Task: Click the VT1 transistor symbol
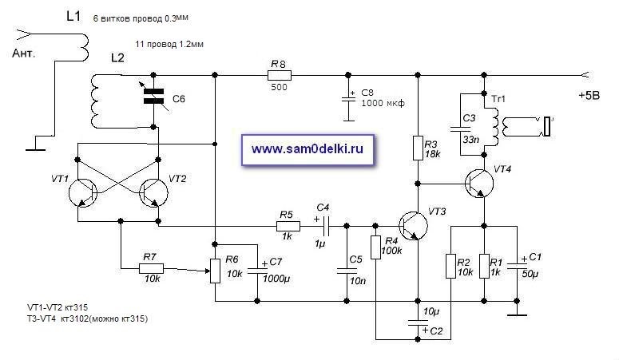(x=82, y=192)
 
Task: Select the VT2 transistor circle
(x=153, y=192)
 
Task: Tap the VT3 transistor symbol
(x=413, y=225)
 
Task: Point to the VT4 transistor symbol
(x=479, y=183)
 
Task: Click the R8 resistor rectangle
(x=280, y=75)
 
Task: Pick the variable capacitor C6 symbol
(x=155, y=96)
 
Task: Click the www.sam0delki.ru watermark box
(x=308, y=149)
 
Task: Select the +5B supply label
(x=589, y=96)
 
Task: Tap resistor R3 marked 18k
(x=418, y=148)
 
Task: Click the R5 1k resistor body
(x=288, y=226)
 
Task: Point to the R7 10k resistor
(x=151, y=268)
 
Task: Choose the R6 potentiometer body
(x=215, y=271)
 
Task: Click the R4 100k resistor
(x=375, y=247)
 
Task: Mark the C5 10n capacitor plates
(x=347, y=271)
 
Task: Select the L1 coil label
(x=73, y=17)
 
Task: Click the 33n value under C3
(x=471, y=140)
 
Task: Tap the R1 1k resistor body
(x=484, y=267)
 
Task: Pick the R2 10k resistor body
(x=450, y=267)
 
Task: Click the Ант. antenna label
(x=24, y=53)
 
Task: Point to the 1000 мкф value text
(x=383, y=104)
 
